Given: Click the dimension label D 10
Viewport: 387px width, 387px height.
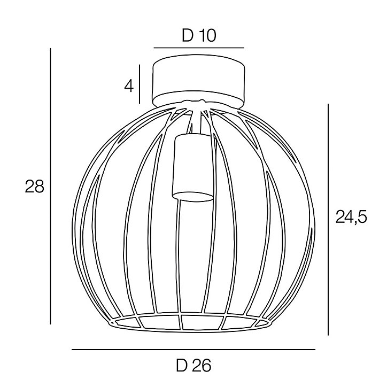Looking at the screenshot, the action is point(199,35).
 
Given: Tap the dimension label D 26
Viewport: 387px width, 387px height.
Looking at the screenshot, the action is point(193,365).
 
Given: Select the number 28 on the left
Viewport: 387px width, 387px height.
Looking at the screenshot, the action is point(34,187).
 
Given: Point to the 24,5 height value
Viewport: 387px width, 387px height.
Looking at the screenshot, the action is point(351,218).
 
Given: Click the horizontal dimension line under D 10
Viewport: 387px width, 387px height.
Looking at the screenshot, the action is point(199,48).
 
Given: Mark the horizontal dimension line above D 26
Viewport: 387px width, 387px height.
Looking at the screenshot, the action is point(193,349).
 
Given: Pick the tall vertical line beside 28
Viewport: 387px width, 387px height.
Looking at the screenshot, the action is point(50,186).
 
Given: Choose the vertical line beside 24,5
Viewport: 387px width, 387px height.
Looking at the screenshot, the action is point(328,219).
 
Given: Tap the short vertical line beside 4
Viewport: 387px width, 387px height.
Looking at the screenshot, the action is point(140,84).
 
